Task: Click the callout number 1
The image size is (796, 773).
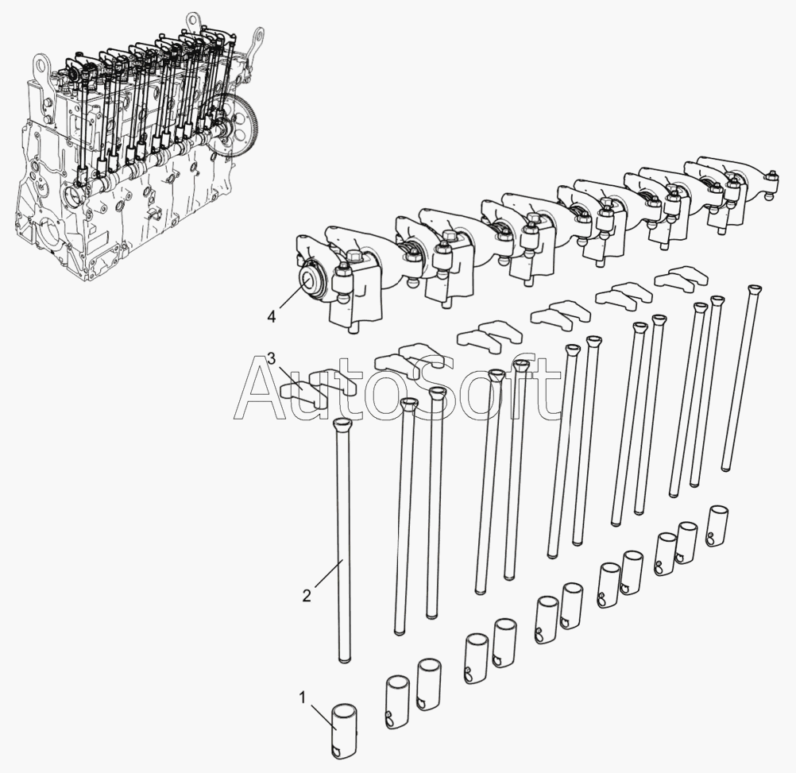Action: pos(302,698)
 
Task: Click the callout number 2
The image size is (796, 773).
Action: pos(306,595)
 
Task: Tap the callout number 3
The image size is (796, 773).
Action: pos(272,360)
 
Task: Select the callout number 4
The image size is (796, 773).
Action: pos(272,317)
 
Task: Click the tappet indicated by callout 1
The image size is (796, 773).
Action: pos(346,732)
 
